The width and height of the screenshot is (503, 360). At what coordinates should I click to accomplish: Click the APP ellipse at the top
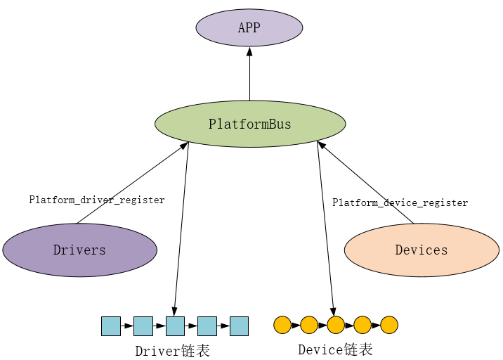pos(249,28)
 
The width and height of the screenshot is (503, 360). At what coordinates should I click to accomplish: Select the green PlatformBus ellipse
pos(250,124)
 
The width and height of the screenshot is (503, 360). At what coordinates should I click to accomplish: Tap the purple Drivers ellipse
pos(79,250)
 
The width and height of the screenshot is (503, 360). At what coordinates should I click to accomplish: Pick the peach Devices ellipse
pos(422,250)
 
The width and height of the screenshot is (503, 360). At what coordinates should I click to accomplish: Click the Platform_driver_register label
pos(97,200)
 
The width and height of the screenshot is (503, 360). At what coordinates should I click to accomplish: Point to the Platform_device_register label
pos(400,202)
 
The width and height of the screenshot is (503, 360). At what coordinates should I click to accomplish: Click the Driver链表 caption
pos(173,351)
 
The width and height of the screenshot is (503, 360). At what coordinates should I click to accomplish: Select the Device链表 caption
pos(335,349)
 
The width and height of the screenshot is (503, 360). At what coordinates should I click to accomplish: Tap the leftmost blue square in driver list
pos(111,326)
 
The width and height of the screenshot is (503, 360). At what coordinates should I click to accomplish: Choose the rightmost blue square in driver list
pos(239,326)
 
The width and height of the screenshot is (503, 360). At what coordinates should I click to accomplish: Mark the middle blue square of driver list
pos(175,326)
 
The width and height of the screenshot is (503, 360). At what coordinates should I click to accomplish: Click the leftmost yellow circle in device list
pos(282,325)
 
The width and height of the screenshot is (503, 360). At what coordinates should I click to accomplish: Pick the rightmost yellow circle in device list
pos(389,325)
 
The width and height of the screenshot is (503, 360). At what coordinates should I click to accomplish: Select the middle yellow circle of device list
pos(336,325)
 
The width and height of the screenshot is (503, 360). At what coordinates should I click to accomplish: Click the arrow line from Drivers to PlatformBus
pos(133,182)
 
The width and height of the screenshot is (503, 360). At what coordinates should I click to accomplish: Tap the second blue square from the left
pos(143,326)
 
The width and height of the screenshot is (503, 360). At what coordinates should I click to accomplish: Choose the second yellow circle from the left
pos(309,325)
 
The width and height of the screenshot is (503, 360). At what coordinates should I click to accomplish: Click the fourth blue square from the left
pos(207,326)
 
